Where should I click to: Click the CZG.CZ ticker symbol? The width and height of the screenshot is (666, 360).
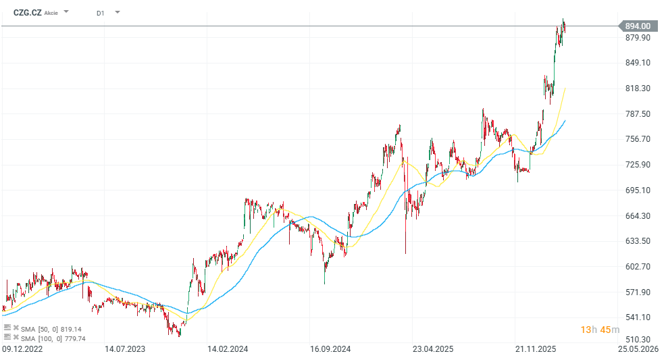click(28, 12)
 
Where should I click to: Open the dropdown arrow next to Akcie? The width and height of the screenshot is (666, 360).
click(66, 12)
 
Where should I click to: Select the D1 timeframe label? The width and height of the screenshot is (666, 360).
click(101, 13)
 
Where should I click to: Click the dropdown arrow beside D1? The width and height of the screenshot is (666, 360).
click(118, 12)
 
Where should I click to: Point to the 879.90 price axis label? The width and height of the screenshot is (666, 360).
click(638, 37)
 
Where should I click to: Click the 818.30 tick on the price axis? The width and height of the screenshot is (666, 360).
click(638, 88)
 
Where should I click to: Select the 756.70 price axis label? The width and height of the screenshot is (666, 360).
click(638, 139)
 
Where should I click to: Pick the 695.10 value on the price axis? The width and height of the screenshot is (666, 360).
click(638, 190)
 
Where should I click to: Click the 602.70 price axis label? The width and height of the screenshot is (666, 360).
click(638, 267)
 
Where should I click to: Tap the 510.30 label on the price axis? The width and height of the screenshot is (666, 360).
click(638, 340)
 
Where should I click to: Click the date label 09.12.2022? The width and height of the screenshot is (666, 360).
click(22, 350)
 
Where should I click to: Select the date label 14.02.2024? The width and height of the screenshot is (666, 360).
click(228, 350)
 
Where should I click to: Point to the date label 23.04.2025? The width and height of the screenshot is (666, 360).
click(433, 350)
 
